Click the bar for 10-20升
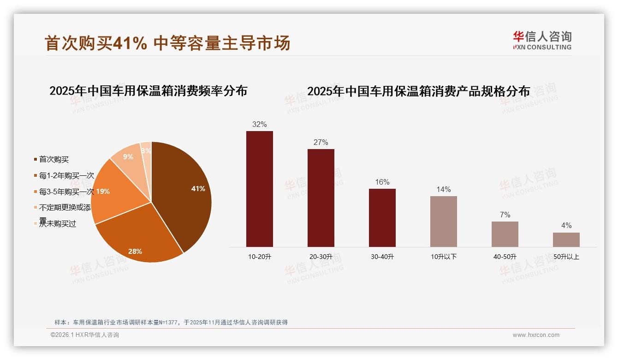click(260, 189)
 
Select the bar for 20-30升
click(321, 198)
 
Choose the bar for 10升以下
click(444, 222)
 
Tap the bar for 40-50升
click(505, 234)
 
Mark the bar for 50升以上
click(566, 240)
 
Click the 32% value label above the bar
click(260, 124)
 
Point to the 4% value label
click(566, 225)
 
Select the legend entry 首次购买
click(53, 159)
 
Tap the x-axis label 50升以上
click(566, 257)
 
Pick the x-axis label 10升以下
click(444, 257)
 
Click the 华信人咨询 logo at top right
click(542, 40)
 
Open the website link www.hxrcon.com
click(536, 335)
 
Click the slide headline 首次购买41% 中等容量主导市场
click(167, 43)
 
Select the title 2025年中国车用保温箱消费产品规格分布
click(418, 91)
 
